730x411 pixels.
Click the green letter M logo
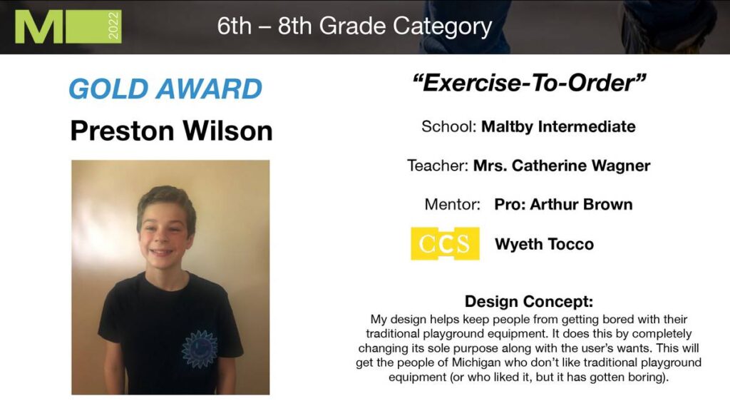pyautogui.click(x=38, y=26)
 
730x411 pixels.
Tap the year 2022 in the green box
pyautogui.click(x=113, y=26)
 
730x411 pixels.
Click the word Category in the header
pyautogui.click(x=442, y=26)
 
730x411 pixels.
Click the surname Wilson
pyautogui.click(x=227, y=131)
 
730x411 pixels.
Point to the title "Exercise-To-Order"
pyautogui.click(x=529, y=83)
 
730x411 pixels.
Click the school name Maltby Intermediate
pyautogui.click(x=558, y=126)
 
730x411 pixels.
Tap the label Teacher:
pyautogui.click(x=438, y=166)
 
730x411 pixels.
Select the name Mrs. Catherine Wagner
pyautogui.click(x=562, y=166)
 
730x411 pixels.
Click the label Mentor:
pyautogui.click(x=452, y=204)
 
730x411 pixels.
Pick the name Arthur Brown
pyautogui.click(x=581, y=204)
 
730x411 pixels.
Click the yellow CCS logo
pyautogui.click(x=445, y=243)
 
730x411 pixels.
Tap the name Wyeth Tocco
pyautogui.click(x=544, y=244)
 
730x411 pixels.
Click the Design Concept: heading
pyautogui.click(x=529, y=301)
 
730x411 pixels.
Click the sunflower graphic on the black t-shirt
pyautogui.click(x=200, y=348)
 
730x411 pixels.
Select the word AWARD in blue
pyautogui.click(x=209, y=88)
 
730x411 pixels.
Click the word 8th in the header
pyautogui.click(x=295, y=26)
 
